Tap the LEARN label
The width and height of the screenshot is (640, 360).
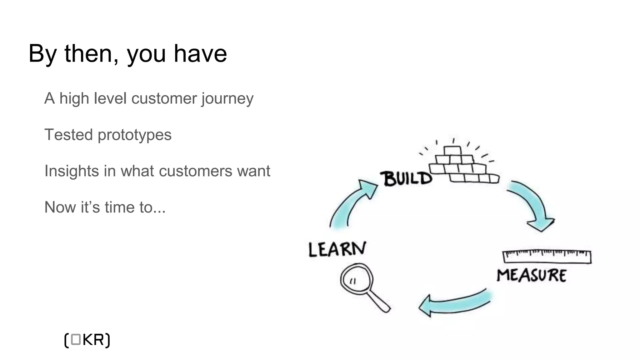click(337, 249)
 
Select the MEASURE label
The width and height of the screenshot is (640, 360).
click(532, 275)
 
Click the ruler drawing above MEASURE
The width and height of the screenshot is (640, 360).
click(547, 257)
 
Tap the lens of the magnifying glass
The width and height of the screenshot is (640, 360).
click(356, 279)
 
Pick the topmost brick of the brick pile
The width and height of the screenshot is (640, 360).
click(452, 151)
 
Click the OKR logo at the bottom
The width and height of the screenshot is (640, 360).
click(87, 340)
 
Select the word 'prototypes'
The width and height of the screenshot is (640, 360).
click(134, 135)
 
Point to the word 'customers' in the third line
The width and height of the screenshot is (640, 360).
click(195, 171)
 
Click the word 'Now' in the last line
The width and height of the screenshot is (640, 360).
click(60, 207)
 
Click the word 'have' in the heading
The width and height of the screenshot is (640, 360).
click(200, 54)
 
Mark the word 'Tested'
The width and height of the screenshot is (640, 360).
click(69, 135)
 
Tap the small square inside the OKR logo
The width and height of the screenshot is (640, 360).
click(76, 340)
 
